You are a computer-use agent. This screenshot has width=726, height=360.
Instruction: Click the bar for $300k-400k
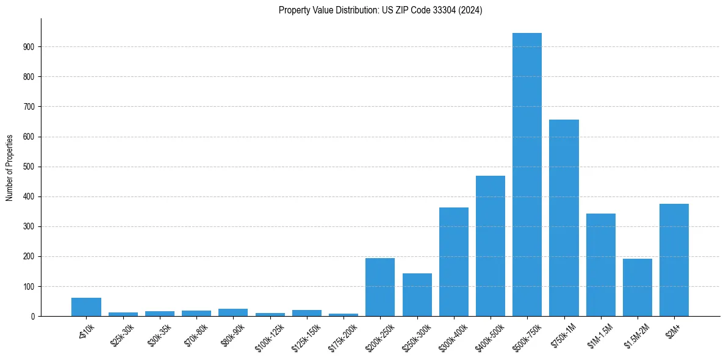point(454,262)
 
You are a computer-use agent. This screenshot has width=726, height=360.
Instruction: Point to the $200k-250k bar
point(380,287)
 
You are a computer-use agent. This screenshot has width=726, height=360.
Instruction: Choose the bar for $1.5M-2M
point(638,287)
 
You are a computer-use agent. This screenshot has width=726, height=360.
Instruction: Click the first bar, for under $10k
point(86,307)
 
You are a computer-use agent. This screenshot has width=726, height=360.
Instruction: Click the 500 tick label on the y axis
point(30,167)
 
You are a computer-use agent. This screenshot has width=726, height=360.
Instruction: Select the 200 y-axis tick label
point(30,256)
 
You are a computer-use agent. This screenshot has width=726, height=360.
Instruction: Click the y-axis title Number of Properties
point(10,168)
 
